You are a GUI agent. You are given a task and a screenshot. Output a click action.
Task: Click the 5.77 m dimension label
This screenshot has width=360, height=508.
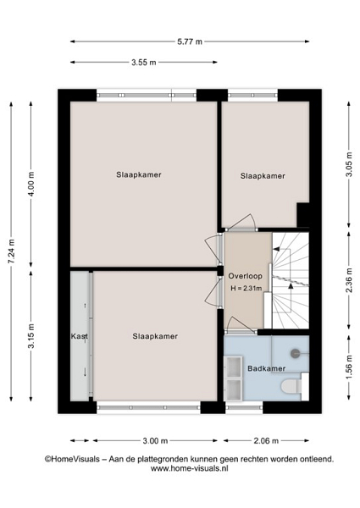click(190, 41)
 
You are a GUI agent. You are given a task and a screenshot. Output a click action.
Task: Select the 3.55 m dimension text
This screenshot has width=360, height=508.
click(143, 62)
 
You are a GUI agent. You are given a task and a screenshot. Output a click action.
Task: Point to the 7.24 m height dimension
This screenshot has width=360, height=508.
click(12, 251)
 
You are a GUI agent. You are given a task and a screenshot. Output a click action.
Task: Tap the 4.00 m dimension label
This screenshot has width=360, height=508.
click(31, 184)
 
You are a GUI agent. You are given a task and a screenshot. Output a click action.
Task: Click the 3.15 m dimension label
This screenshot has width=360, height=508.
click(31, 336)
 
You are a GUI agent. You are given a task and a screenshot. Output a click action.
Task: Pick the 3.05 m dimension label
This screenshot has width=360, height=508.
click(349, 165)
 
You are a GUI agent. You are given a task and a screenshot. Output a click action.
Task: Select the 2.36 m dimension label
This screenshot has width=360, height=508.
click(349, 280)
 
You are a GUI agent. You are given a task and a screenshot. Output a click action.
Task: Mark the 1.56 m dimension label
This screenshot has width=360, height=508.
click(349, 367)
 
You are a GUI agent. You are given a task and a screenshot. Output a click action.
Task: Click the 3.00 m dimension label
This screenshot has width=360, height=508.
click(155, 440)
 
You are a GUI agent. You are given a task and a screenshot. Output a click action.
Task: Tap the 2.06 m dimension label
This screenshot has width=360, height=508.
click(266, 440)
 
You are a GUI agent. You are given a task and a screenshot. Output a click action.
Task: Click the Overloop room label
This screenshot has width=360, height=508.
click(246, 276)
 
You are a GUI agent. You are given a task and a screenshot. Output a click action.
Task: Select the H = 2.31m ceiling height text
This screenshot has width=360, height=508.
click(246, 288)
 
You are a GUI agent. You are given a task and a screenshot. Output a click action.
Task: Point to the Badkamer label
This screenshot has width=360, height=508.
click(266, 368)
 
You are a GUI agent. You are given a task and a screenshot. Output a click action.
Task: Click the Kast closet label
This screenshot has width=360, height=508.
click(80, 336)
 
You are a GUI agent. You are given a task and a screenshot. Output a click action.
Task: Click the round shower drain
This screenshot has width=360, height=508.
click(295, 353)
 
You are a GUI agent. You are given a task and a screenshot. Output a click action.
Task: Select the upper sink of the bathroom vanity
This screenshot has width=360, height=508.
click(233, 367)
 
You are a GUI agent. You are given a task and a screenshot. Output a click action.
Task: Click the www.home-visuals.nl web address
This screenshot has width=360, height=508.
click(190, 468)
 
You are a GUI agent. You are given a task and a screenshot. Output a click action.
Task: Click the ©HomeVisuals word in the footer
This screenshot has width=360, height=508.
click(72, 459)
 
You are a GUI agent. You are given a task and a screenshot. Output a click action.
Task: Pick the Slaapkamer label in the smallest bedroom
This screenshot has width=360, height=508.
click(263, 176)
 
